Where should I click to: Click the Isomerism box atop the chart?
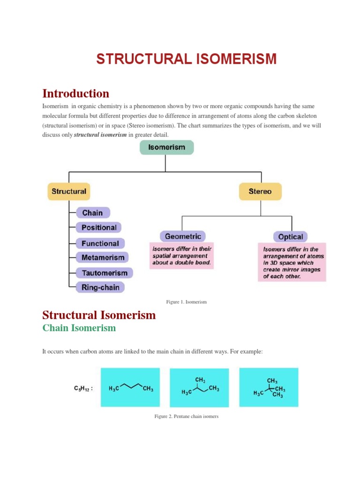click(166, 147)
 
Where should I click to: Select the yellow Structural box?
click(69, 191)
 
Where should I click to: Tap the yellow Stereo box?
click(260, 191)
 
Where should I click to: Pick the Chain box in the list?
click(93, 213)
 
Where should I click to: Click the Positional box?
click(99, 227)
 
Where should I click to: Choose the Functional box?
click(100, 243)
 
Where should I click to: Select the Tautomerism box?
click(105, 273)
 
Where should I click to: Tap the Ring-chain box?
click(101, 287)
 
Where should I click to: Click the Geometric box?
click(183, 236)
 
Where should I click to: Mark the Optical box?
click(291, 237)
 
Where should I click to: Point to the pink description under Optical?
click(292, 262)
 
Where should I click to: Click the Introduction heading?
click(76, 93)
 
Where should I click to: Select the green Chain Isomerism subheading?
click(79, 328)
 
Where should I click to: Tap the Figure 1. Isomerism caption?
click(187, 302)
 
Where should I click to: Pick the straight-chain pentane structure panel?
click(130, 387)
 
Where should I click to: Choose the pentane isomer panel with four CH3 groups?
click(269, 387)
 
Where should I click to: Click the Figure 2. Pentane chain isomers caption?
click(187, 416)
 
